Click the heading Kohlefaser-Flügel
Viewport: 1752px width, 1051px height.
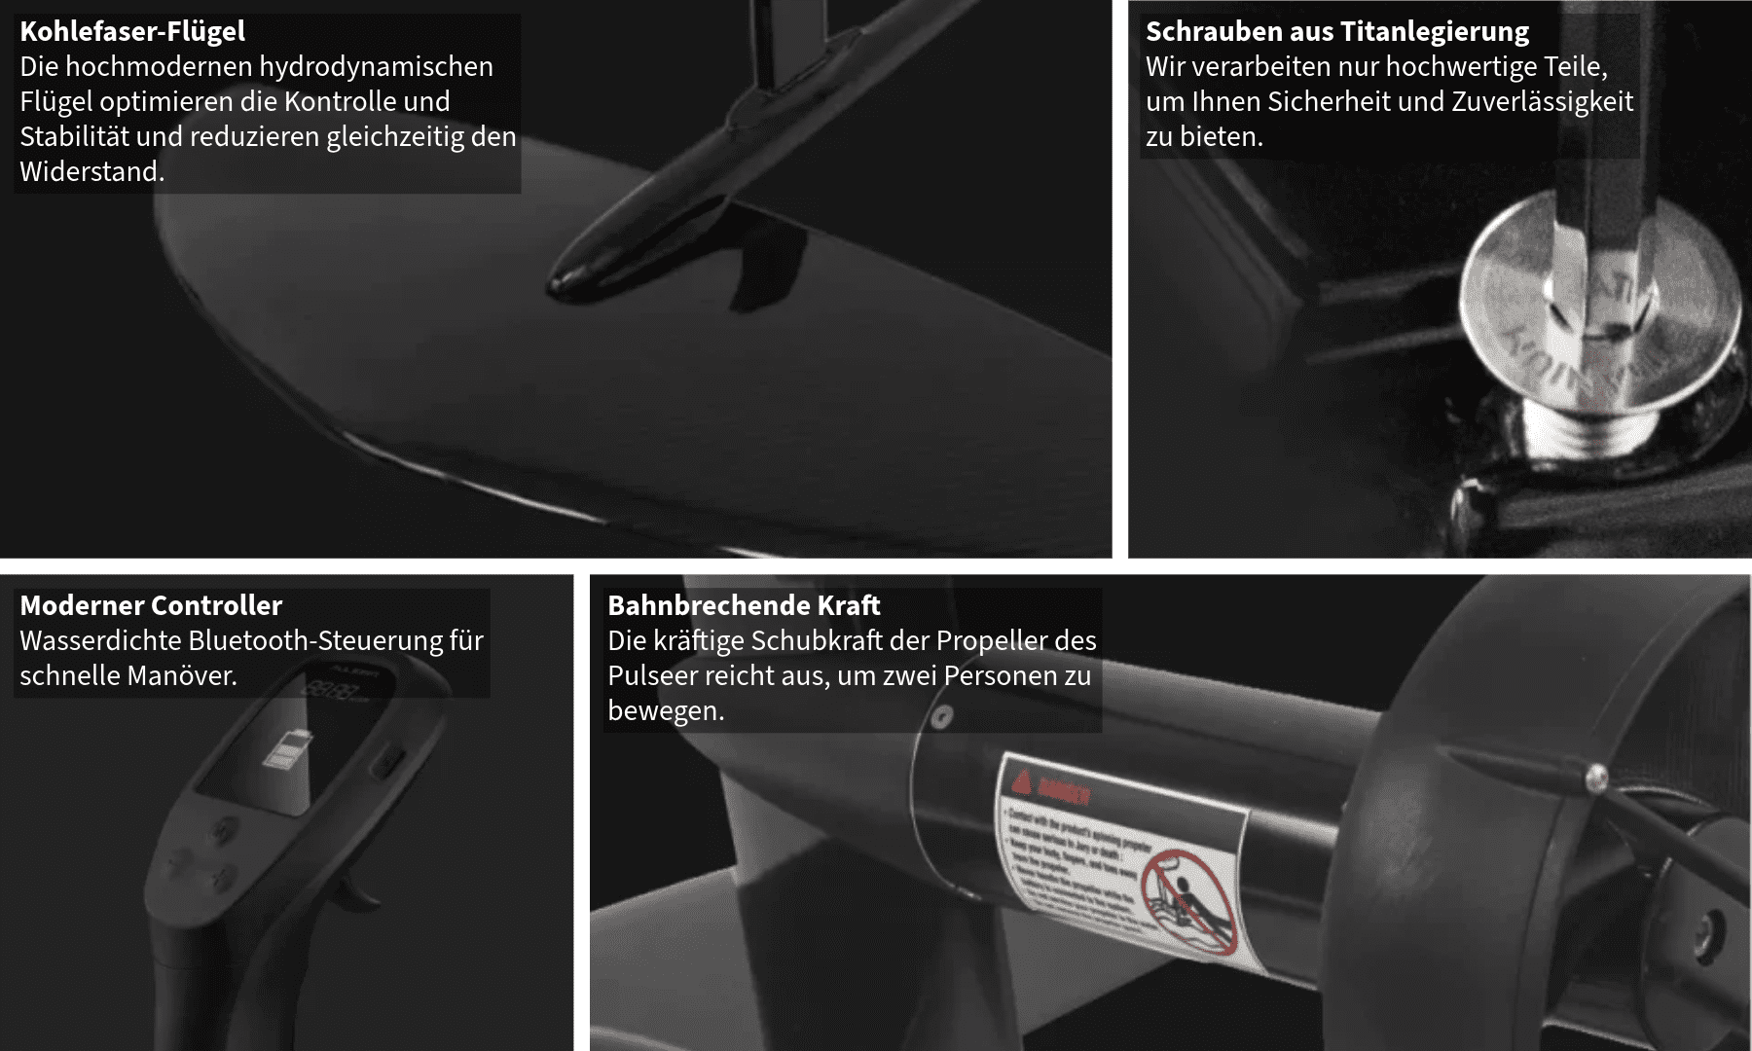132,31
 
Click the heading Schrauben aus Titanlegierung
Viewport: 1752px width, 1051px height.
1336,31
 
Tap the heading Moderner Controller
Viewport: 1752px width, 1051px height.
151,605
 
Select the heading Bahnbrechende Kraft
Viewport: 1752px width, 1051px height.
744,605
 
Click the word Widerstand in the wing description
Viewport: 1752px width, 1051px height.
90,171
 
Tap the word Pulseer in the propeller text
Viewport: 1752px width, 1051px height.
654,675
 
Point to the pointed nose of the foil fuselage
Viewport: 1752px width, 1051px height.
565,283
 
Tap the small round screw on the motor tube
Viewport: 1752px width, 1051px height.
940,718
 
